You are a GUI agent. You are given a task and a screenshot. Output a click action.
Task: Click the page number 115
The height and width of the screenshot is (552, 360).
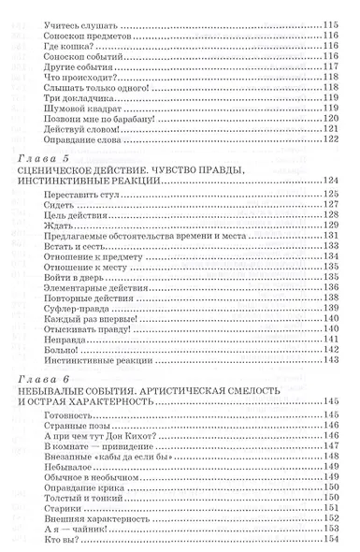tap(329, 20)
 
